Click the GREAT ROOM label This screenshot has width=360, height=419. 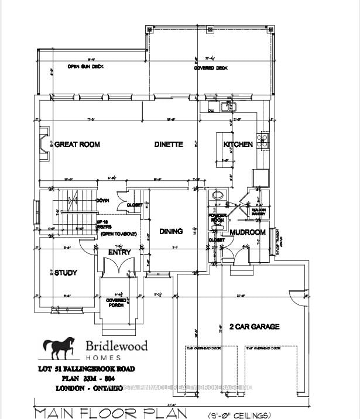(x=77, y=145)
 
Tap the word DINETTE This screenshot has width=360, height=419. (x=169, y=145)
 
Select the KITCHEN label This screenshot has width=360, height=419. (x=238, y=145)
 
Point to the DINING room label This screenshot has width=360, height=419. (x=171, y=232)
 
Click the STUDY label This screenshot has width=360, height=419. (x=66, y=273)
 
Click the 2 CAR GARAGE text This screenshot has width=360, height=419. (x=255, y=327)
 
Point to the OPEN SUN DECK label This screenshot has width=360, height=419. (x=86, y=67)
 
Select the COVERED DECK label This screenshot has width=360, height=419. (x=212, y=68)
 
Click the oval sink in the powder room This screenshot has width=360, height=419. (x=218, y=196)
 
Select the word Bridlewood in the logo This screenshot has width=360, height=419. (x=109, y=346)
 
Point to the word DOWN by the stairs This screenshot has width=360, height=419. (x=103, y=200)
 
